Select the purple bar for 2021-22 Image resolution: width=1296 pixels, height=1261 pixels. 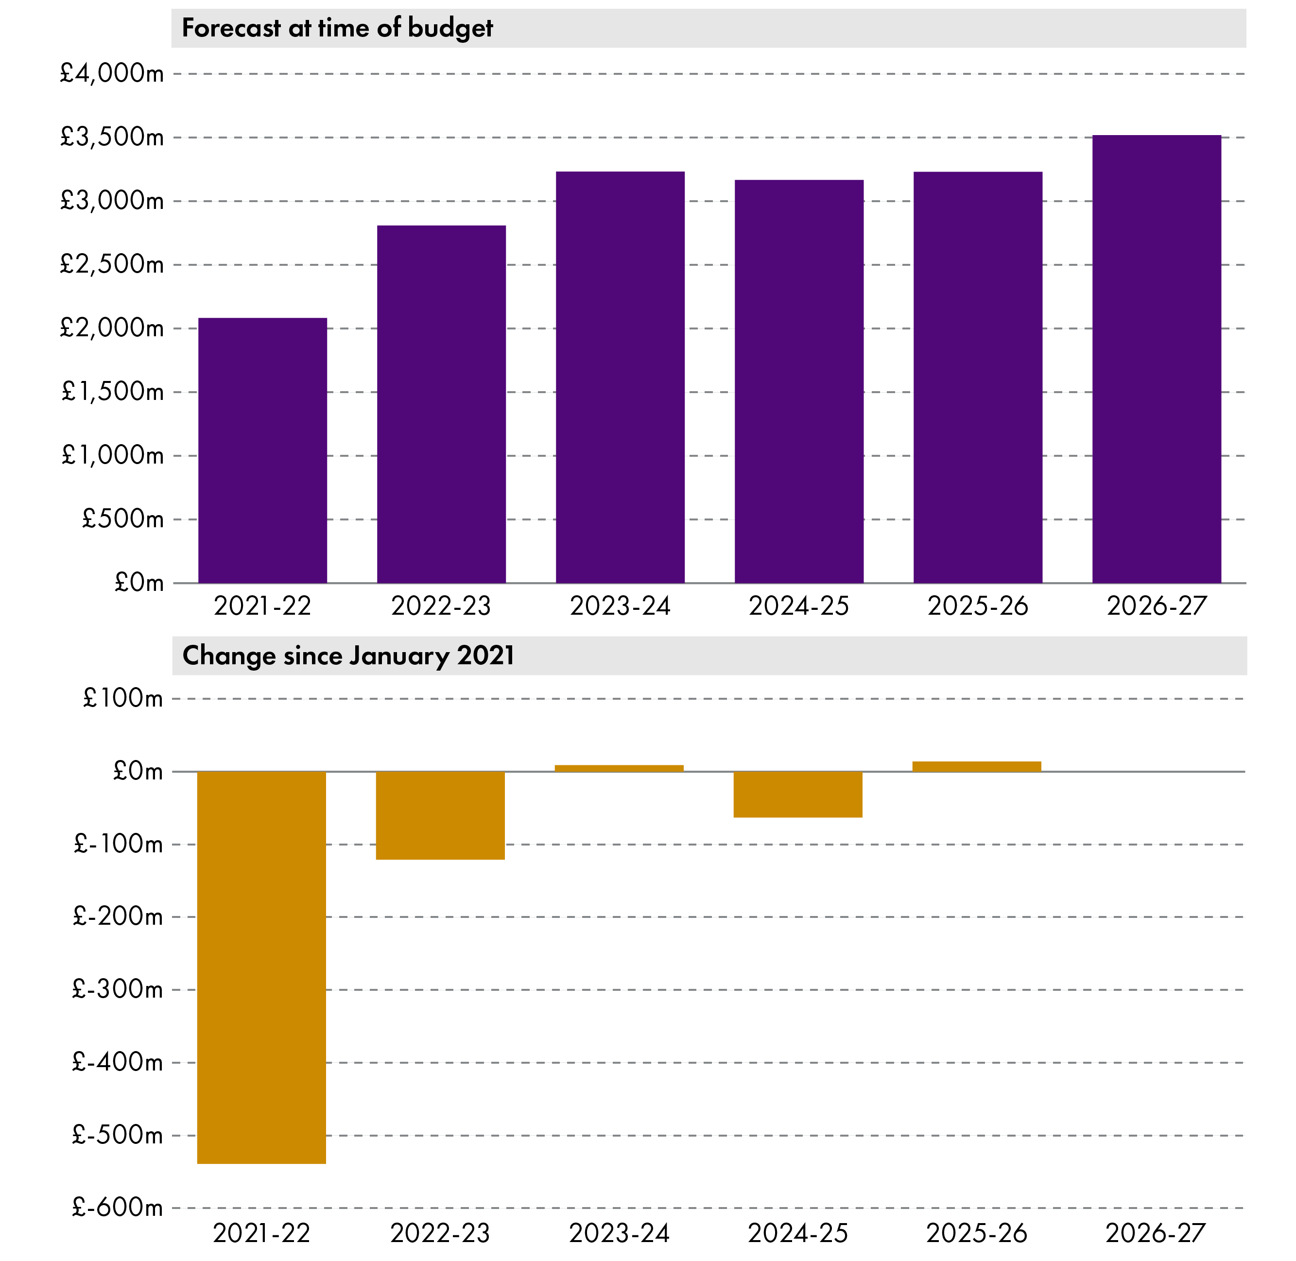point(262,450)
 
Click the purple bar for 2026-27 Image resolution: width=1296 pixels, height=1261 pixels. point(1156,359)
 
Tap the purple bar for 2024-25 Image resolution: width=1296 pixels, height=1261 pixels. point(799,381)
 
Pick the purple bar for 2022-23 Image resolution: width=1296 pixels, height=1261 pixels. point(441,404)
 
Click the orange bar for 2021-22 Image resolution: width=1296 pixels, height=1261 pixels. point(261,967)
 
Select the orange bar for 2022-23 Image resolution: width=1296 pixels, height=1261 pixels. point(440,815)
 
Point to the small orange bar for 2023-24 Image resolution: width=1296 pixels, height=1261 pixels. point(619,768)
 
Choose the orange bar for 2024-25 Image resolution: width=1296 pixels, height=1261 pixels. point(798,794)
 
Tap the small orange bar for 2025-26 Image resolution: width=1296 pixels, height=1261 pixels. point(977,766)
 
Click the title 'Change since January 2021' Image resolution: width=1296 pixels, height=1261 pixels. point(348,656)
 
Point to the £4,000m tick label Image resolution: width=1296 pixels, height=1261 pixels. point(111,73)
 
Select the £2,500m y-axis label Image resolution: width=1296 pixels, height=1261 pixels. point(111,264)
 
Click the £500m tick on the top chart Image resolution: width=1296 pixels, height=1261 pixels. point(122,518)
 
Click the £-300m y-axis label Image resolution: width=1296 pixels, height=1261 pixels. point(117,989)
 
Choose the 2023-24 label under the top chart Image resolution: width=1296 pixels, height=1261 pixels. point(620,606)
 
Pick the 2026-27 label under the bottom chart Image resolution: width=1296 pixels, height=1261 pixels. point(1156,1233)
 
